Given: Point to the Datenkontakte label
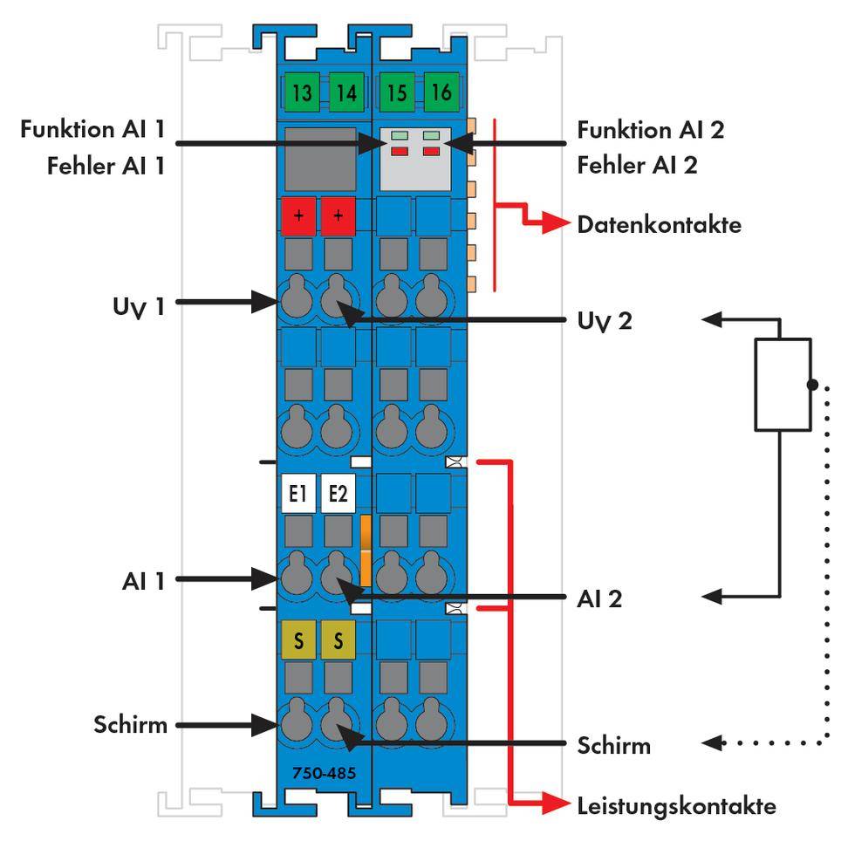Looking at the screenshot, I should click(659, 225).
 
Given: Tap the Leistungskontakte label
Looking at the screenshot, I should click(676, 805).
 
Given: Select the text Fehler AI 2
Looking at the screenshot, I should click(637, 165).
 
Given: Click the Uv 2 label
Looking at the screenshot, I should click(605, 322).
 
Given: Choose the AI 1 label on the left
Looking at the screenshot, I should click(142, 580).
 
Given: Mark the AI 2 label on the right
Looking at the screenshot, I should click(599, 599).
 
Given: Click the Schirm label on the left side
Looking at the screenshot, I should click(130, 724).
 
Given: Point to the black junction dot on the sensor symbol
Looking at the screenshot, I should click(812, 384).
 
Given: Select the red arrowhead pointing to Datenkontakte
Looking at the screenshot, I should click(555, 224).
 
